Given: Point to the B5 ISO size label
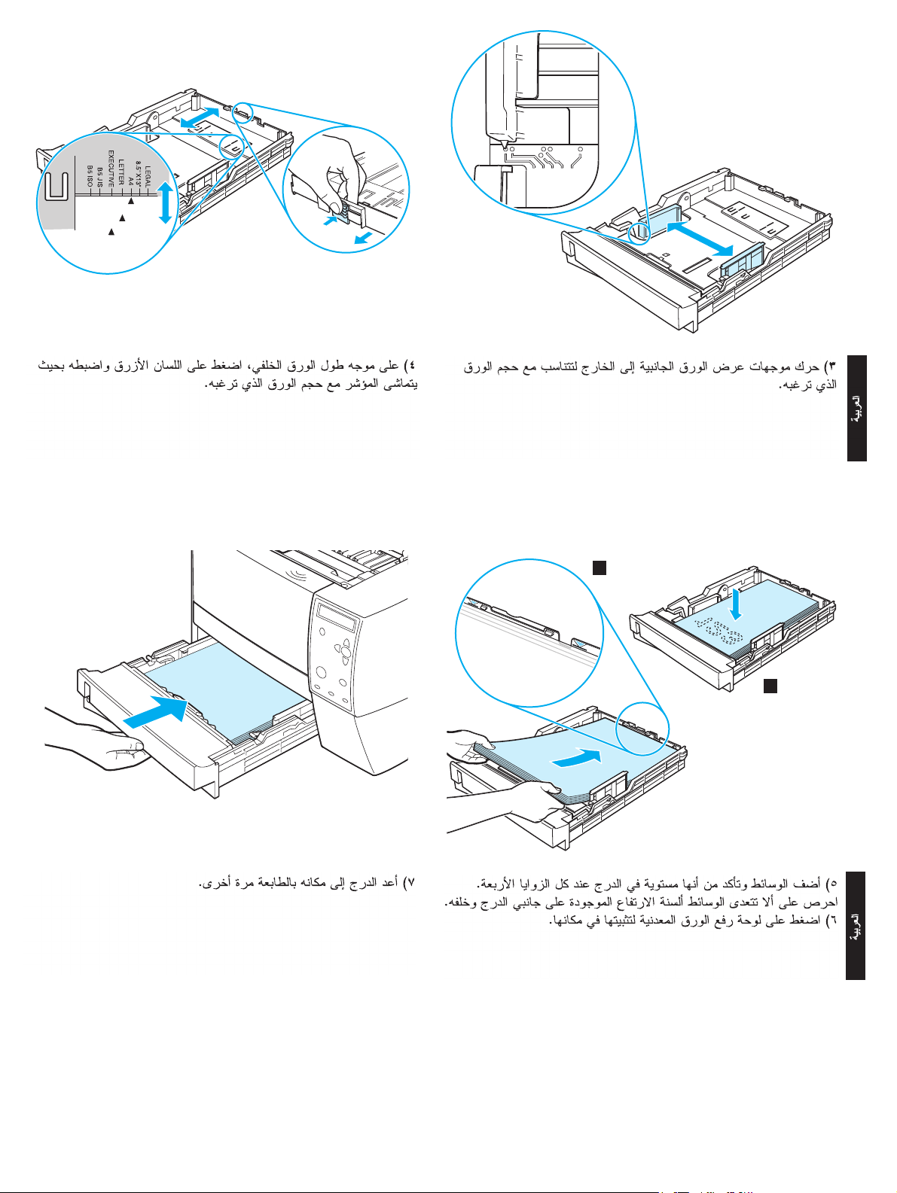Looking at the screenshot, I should [x=90, y=177].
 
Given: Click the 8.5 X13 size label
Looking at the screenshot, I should [x=139, y=175].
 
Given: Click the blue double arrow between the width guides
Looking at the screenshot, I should [x=700, y=239].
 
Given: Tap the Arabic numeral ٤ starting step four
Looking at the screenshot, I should [x=411, y=366].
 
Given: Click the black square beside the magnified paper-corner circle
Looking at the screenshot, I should [x=599, y=568].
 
